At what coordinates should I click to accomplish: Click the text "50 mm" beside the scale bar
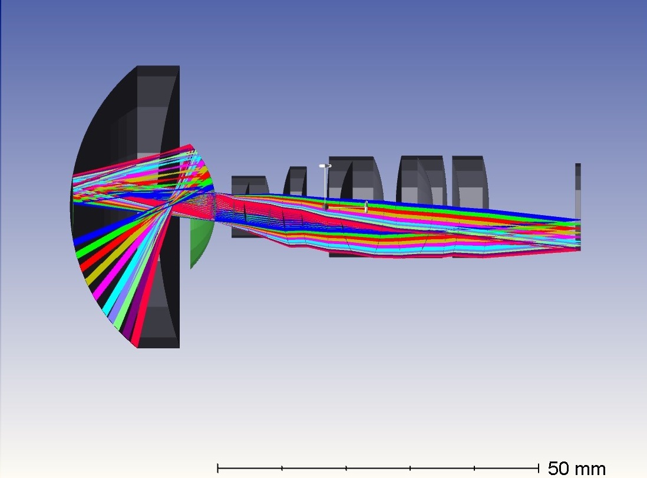(x=576, y=469)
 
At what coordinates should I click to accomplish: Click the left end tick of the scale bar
(x=218, y=468)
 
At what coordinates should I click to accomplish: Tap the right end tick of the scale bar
(x=539, y=468)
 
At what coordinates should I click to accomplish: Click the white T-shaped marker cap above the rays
(x=325, y=166)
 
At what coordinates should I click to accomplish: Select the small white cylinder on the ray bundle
(x=365, y=206)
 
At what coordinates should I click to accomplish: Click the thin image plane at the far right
(x=578, y=206)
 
